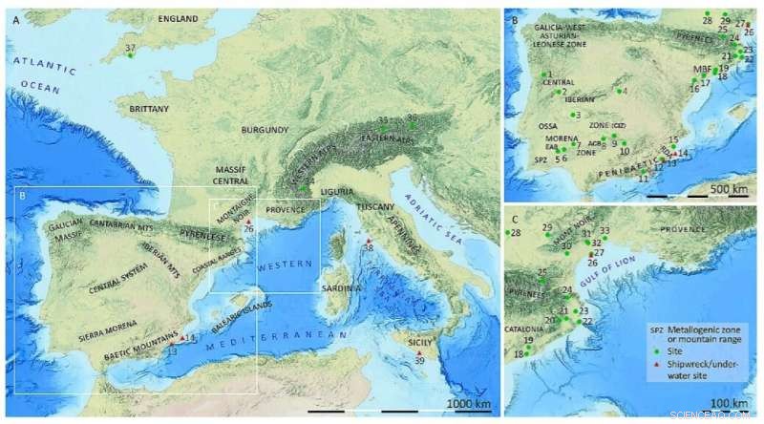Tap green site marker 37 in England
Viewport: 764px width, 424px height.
[x=131, y=55]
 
